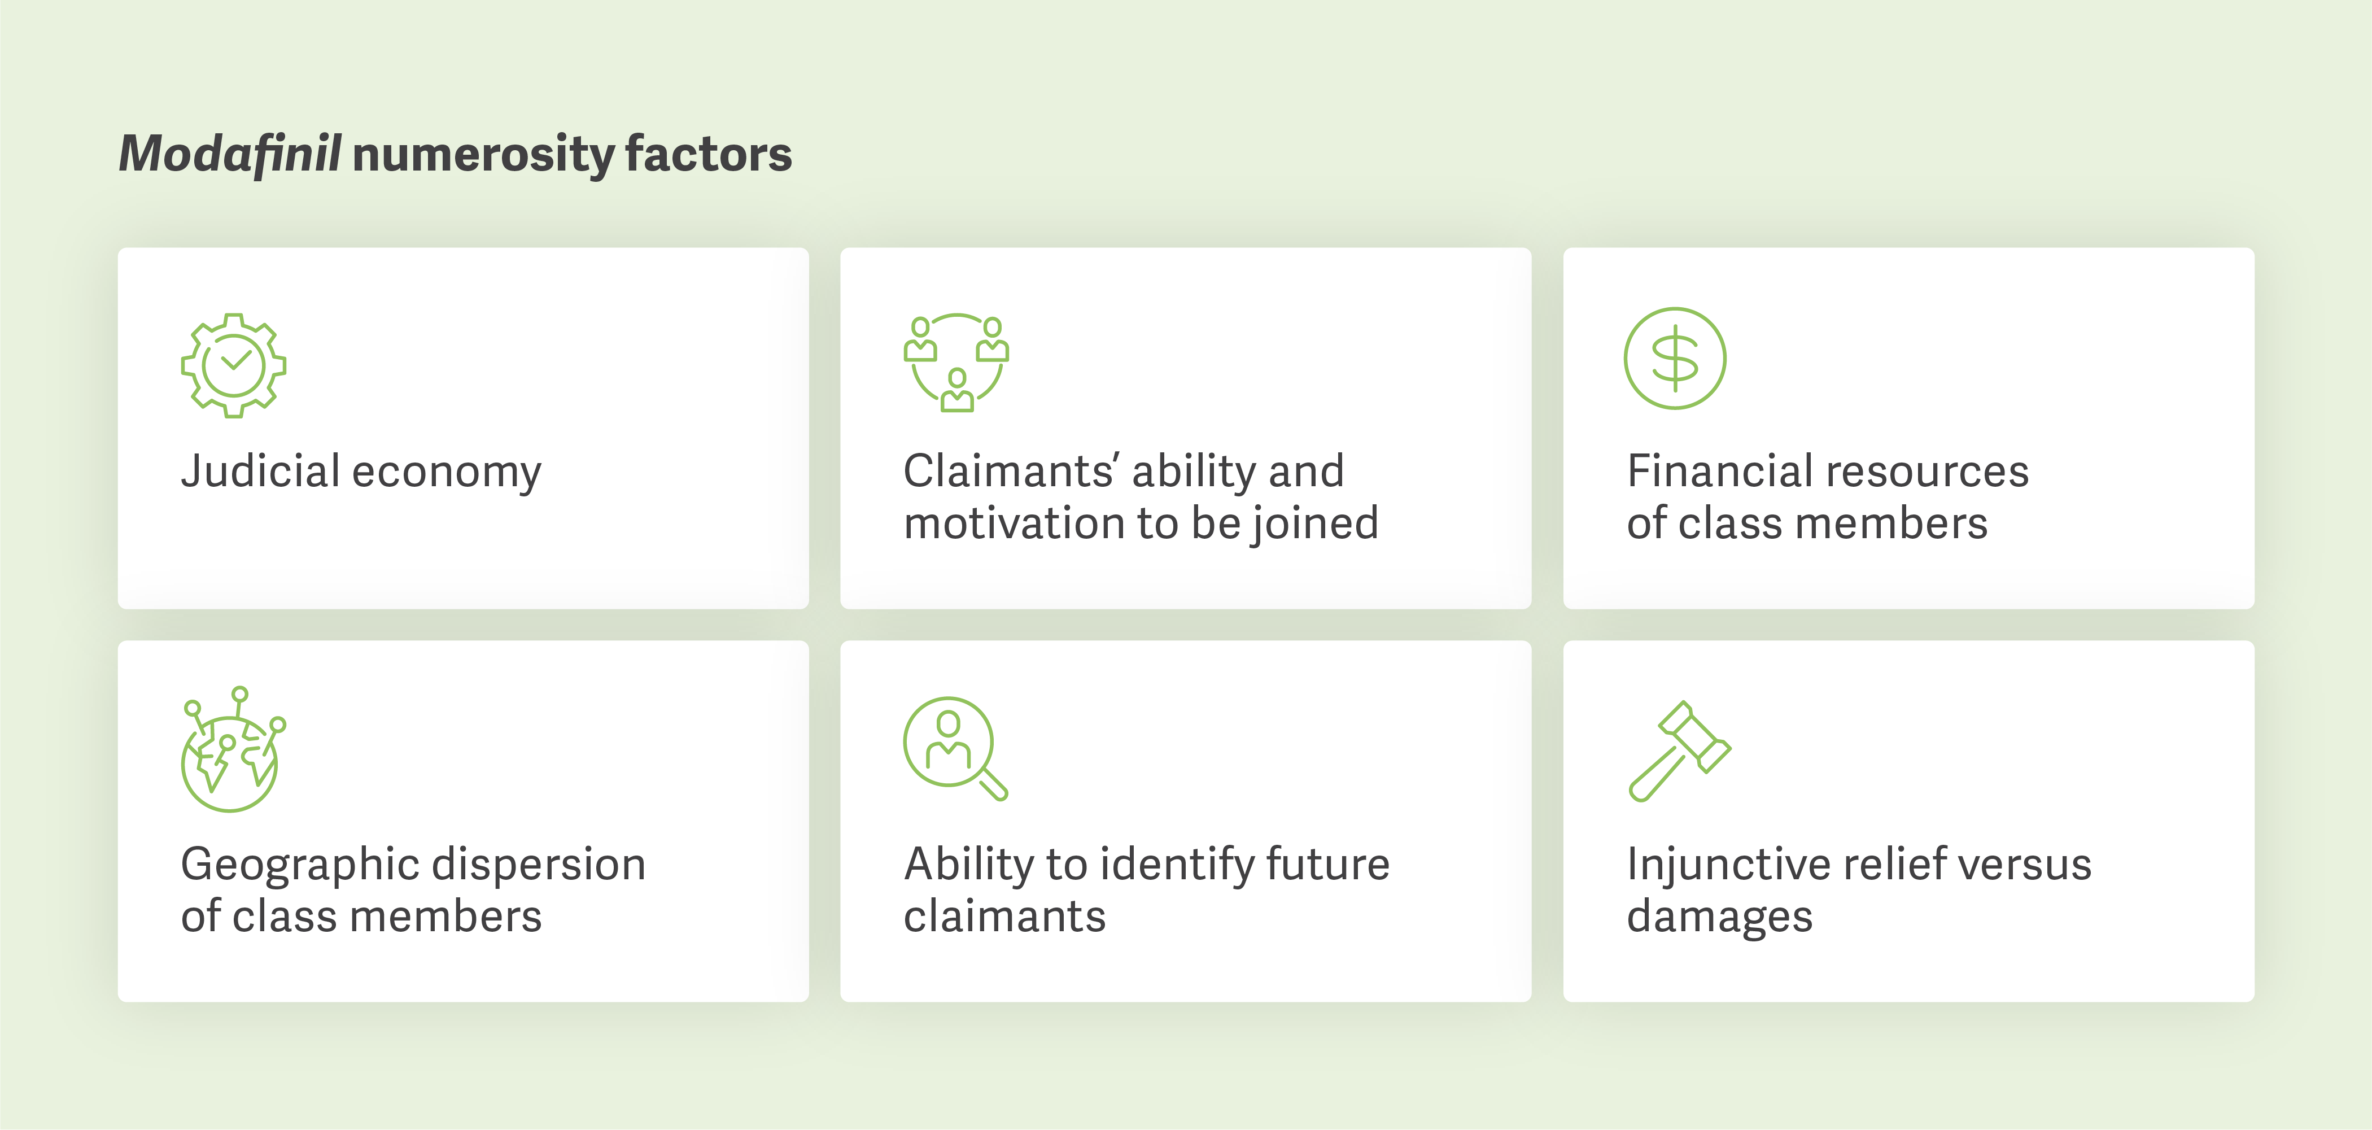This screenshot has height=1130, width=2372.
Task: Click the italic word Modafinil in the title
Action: click(230, 154)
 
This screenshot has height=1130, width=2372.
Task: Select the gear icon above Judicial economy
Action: click(234, 365)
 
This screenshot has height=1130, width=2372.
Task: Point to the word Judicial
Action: click(261, 472)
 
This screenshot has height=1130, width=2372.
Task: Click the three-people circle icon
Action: click(956, 362)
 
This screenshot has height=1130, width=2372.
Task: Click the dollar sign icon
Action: click(1675, 358)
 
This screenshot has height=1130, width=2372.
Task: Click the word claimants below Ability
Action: click(1004, 917)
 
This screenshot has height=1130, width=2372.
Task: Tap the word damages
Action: click(1719, 917)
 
